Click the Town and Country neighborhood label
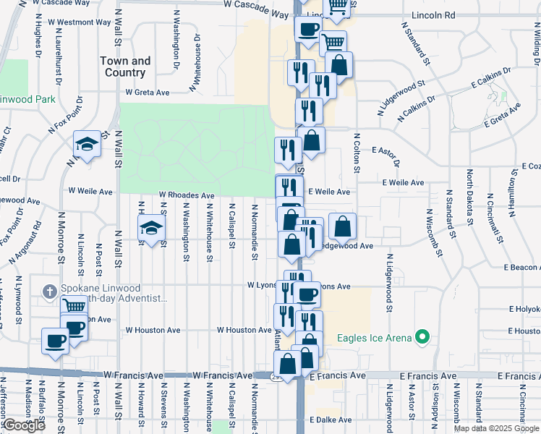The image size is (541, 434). (x=125, y=67)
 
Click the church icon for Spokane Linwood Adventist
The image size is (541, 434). (x=49, y=292)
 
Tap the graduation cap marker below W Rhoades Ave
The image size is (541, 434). (x=151, y=228)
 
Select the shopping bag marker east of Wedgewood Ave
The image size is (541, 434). (x=343, y=226)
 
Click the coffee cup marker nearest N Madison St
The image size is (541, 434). (x=55, y=341)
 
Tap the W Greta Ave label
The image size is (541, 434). (x=147, y=93)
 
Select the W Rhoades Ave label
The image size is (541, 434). (x=187, y=195)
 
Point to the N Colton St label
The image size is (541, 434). (x=357, y=153)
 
